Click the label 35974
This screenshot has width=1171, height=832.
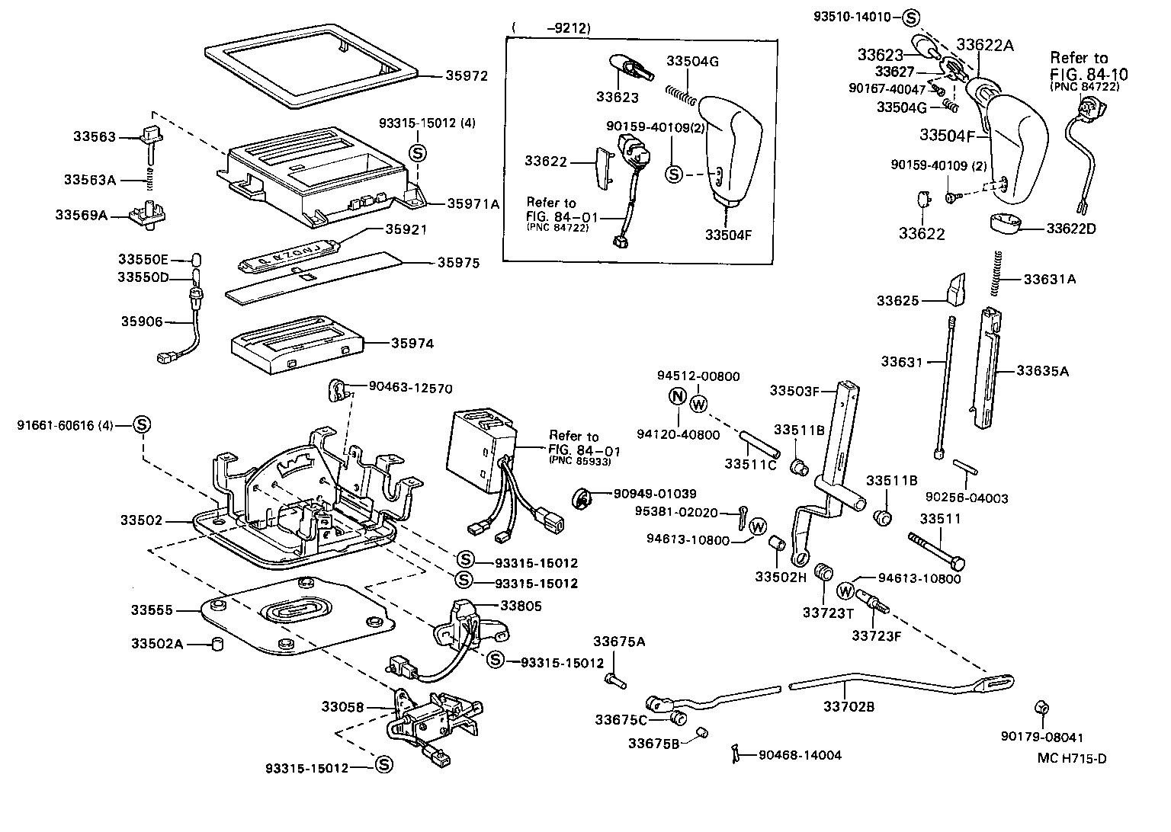click(x=412, y=344)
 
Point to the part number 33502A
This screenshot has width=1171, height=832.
click(x=156, y=645)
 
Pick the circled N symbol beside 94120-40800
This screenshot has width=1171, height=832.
click(x=677, y=396)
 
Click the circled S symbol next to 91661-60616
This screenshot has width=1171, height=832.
click(x=141, y=425)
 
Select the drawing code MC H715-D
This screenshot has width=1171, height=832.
click(x=1071, y=758)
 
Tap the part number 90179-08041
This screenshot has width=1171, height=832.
click(x=1041, y=738)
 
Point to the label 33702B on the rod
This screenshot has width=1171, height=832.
click(x=849, y=707)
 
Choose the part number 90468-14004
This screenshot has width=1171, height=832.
click(x=800, y=756)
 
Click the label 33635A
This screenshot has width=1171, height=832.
click(x=1042, y=371)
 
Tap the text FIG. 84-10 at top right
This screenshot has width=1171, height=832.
click(x=1089, y=74)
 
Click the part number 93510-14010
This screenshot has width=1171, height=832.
click(x=857, y=18)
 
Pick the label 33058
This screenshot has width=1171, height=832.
click(x=342, y=707)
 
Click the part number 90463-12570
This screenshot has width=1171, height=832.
click(x=410, y=389)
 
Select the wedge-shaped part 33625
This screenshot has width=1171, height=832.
click(x=953, y=290)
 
